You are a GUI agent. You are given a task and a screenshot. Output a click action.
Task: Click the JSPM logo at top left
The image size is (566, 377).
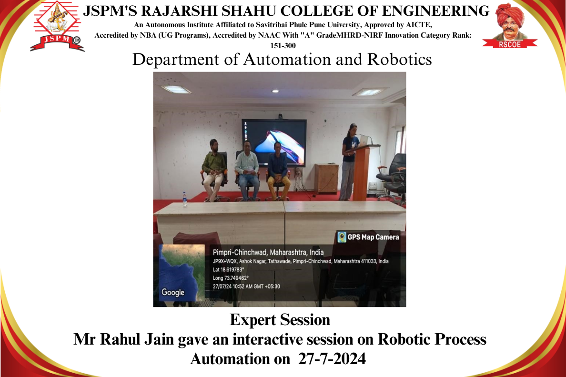pos(57,26)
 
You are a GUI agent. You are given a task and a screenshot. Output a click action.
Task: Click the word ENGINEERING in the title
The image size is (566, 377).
pos(435,11)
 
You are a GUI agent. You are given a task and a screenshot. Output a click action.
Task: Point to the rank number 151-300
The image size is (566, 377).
pos(283,45)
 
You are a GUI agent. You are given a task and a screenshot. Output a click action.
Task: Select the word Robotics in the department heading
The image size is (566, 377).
pos(400,60)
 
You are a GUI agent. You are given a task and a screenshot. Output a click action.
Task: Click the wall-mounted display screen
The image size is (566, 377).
pos(274,143)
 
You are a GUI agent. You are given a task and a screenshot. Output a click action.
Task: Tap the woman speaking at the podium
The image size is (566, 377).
pos(349,162)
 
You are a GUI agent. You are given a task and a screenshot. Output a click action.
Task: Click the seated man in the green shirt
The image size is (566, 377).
pos(214,170)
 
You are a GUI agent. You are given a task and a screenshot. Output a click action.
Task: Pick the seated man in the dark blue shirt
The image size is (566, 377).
pos(278,171)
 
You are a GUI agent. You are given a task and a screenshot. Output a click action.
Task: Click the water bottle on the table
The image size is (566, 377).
pos(185,199)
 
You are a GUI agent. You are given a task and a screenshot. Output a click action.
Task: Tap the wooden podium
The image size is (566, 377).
pos(363,172)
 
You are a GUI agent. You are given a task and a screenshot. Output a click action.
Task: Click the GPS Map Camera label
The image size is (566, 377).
pos(369,237)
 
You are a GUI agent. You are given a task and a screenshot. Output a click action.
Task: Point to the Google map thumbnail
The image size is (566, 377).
pos(182,273)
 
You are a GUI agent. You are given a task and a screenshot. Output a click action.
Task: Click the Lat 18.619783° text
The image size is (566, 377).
pos(229,269)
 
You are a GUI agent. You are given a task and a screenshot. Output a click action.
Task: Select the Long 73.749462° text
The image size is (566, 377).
pos(231,278)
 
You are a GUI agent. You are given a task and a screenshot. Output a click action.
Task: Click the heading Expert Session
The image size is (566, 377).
pos(280,320)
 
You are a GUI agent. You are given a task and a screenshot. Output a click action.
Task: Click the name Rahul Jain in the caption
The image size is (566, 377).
pos(137,339)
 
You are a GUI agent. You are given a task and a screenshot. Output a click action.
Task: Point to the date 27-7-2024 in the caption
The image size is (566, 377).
pos(332,359)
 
